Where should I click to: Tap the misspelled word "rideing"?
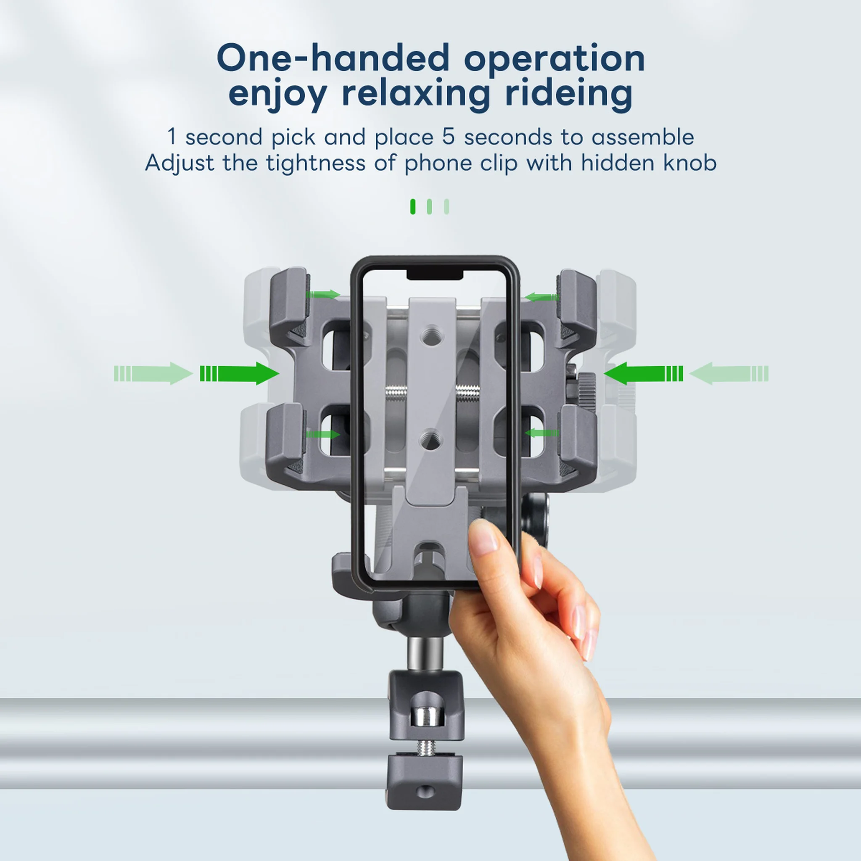pos(569,95)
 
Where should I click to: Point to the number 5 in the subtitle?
pos(448,137)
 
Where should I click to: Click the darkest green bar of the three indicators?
pos(413,206)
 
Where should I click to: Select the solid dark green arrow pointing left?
pos(643,373)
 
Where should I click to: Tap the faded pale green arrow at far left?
pos(153,373)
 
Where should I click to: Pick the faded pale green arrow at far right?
pos(729,373)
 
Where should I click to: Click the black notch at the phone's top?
pos(435,275)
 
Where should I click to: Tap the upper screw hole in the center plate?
pos(431,333)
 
